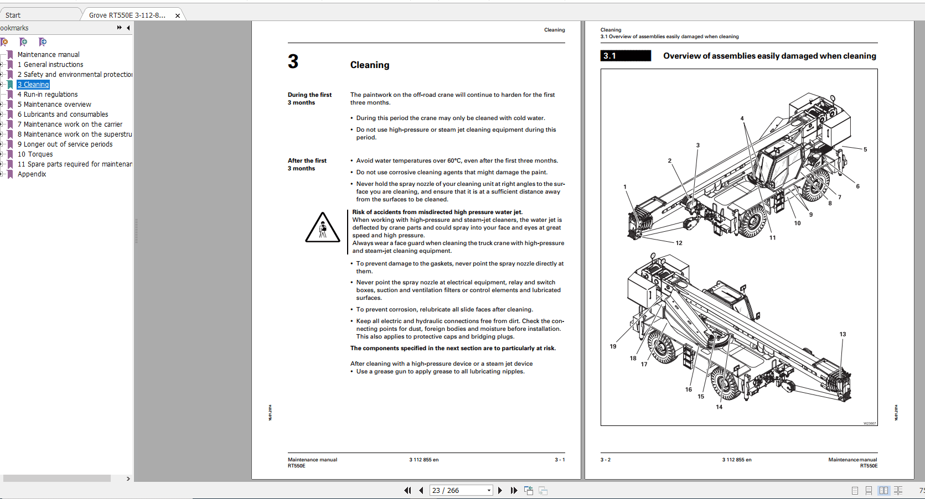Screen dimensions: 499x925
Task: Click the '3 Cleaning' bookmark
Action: click(34, 85)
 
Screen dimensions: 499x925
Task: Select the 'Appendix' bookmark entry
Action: click(32, 174)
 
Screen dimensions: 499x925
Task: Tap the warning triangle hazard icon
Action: click(323, 228)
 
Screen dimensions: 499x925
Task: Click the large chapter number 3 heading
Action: click(293, 61)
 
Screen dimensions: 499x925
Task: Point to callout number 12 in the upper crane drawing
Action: click(679, 243)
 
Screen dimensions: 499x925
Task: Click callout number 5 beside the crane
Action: click(865, 149)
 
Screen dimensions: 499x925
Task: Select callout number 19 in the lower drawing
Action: click(613, 346)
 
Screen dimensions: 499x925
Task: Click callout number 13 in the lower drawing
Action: click(843, 334)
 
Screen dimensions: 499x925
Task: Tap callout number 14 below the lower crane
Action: click(719, 407)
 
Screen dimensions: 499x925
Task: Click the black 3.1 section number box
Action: click(626, 56)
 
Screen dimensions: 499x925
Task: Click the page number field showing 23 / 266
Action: click(461, 491)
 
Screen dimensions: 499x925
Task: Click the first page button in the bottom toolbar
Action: click(407, 491)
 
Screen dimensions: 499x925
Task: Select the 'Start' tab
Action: click(13, 15)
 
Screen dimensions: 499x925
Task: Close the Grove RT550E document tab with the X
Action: click(178, 15)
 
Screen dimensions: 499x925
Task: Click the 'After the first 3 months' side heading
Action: click(307, 164)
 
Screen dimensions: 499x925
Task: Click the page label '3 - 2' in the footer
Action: click(606, 460)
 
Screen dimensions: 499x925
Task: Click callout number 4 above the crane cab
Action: click(742, 118)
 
